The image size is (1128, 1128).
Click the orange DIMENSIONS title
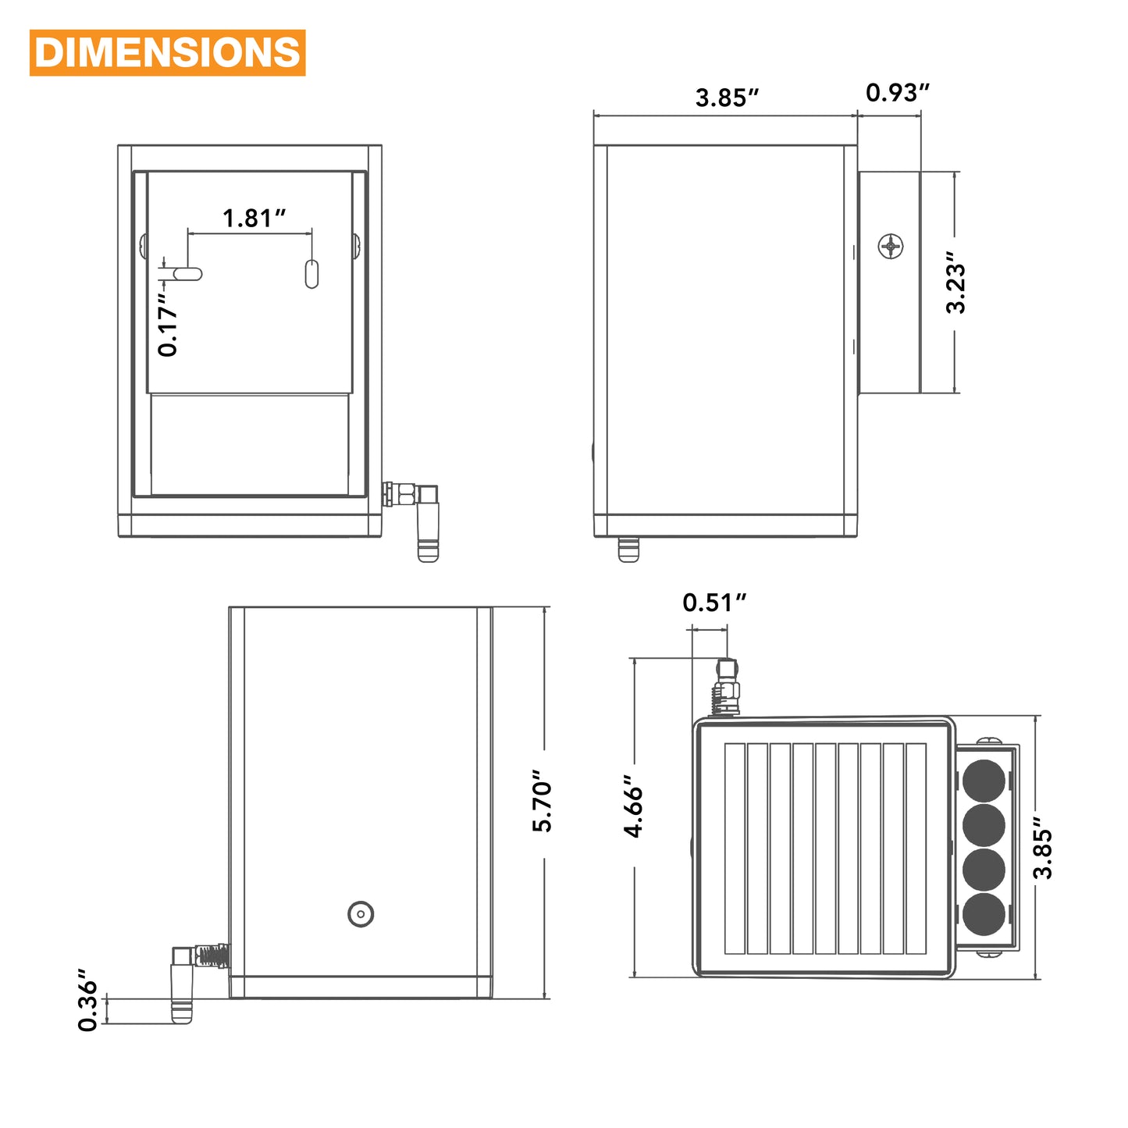click(167, 53)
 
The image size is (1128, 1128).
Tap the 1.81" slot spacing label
click(254, 218)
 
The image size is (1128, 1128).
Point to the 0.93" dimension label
click(897, 93)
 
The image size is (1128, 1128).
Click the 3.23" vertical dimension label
click(955, 283)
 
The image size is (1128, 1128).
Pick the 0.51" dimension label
click(713, 603)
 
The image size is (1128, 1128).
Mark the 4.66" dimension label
click(633, 806)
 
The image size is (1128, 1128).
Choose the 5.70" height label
click(542, 801)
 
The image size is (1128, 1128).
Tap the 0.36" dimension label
click(88, 1000)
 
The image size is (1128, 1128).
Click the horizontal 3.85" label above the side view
click(727, 98)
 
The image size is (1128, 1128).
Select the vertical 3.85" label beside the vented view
click(1042, 849)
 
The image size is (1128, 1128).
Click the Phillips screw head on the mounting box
click(891, 246)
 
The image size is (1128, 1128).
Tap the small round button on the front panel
click(361, 913)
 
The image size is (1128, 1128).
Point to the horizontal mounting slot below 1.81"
click(187, 274)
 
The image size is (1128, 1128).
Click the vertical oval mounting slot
click(311, 274)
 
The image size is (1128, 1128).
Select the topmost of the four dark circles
click(984, 781)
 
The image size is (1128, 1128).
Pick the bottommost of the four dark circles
click(984, 914)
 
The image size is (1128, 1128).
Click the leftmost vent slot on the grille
click(735, 848)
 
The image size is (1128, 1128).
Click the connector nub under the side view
click(628, 549)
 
